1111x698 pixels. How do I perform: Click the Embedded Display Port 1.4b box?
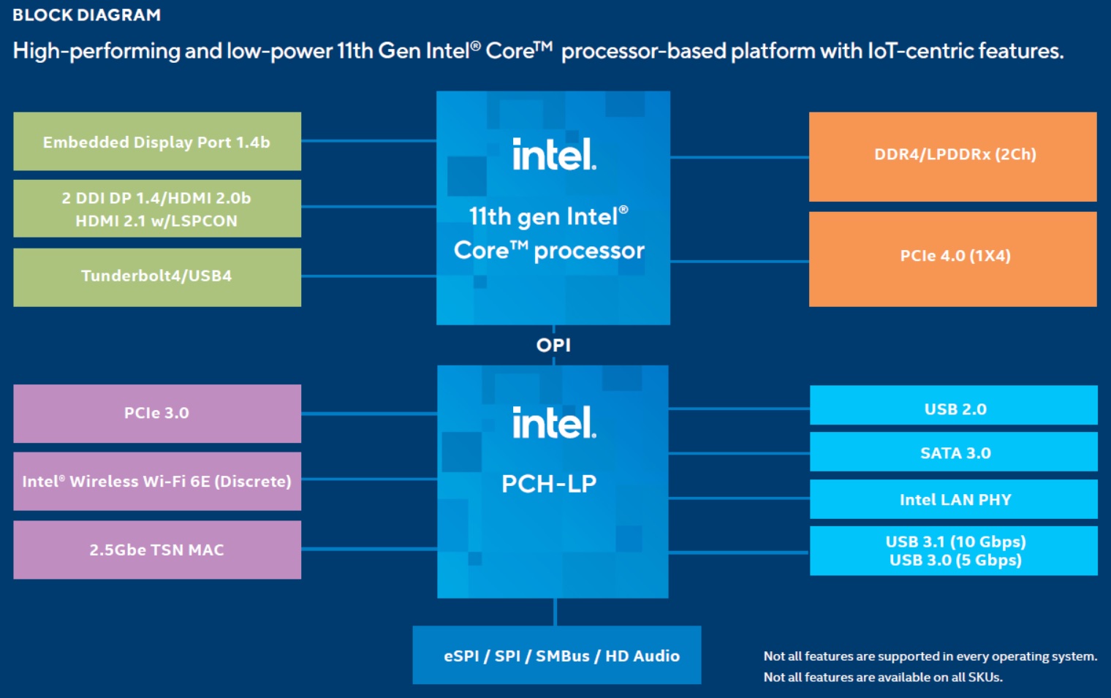pyautogui.click(x=157, y=142)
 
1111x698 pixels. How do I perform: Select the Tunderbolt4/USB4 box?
pyautogui.click(x=157, y=277)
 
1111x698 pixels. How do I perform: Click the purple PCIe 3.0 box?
pyautogui.click(x=157, y=414)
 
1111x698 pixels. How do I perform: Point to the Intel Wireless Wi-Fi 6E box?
pyautogui.click(x=157, y=482)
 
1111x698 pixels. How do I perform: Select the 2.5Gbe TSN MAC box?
pyautogui.click(x=157, y=550)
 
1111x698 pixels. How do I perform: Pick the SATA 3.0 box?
pyautogui.click(x=954, y=452)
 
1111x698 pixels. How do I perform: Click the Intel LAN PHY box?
pyautogui.click(x=954, y=499)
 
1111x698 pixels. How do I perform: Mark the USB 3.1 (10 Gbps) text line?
pyautogui.click(x=955, y=542)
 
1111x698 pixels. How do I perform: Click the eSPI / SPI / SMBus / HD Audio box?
pyautogui.click(x=557, y=656)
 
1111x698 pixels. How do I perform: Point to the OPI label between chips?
pyautogui.click(x=553, y=345)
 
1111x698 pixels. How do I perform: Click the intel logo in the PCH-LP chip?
pyautogui.click(x=554, y=423)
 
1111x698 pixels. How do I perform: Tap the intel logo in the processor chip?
pyautogui.click(x=554, y=154)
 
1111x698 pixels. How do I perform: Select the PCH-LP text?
pyautogui.click(x=549, y=484)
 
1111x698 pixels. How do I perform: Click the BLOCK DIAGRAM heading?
pyautogui.click(x=86, y=15)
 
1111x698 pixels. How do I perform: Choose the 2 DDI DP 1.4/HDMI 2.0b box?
pyautogui.click(x=157, y=209)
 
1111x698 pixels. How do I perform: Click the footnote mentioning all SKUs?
pyautogui.click(x=883, y=678)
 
